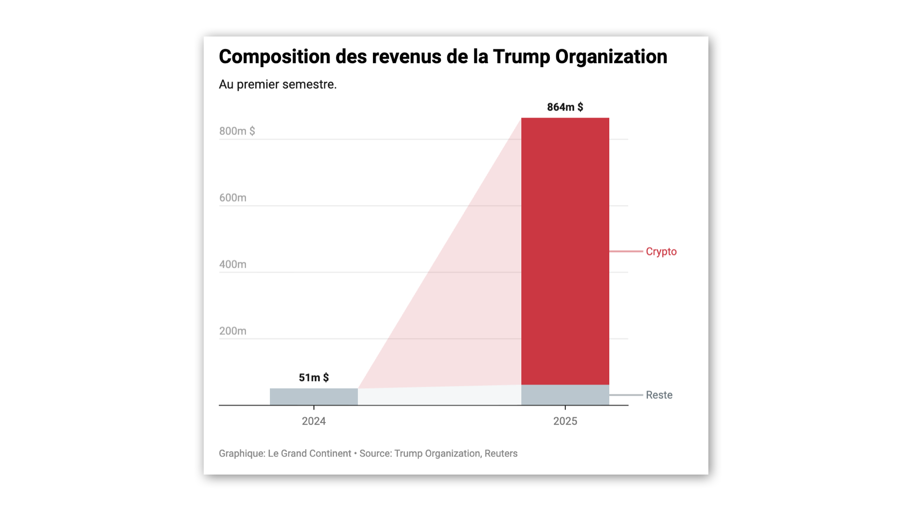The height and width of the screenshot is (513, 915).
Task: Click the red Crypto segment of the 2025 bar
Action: [x=565, y=251]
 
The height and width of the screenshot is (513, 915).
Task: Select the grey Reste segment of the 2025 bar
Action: [x=565, y=395]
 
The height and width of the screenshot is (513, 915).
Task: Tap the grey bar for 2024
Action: [x=314, y=396]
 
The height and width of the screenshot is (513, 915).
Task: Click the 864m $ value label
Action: [x=565, y=107]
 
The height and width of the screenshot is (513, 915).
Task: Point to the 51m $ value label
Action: [x=314, y=378]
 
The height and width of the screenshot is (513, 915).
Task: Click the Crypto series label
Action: [x=661, y=252]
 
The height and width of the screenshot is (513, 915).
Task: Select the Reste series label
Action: [x=659, y=395]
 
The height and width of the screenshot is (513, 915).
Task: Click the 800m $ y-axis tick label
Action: [x=237, y=131]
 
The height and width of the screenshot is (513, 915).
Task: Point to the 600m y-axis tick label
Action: [x=232, y=198]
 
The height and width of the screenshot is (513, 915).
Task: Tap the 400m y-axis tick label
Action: [x=232, y=264]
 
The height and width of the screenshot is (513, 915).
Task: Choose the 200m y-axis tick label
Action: [x=232, y=331]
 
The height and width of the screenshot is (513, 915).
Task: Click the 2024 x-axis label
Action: [x=314, y=421]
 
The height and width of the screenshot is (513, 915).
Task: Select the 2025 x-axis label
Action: [x=565, y=421]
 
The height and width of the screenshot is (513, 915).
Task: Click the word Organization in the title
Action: [x=611, y=56]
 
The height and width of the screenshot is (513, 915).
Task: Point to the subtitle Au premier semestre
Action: [x=278, y=84]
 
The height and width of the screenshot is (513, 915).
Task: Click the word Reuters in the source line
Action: [x=501, y=454]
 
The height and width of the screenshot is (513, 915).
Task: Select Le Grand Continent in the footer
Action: [x=309, y=454]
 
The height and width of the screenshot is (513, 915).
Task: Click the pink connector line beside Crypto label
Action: [x=626, y=251]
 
